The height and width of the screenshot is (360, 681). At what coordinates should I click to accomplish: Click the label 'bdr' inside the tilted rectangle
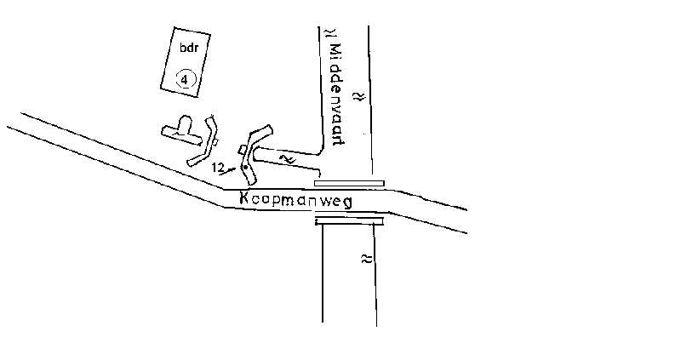pos(189,48)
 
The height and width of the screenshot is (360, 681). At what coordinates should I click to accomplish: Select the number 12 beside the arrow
pos(218,167)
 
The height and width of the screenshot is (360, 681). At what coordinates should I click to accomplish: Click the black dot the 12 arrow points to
pos(244,167)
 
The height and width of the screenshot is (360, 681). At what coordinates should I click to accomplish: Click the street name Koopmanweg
pos(295,200)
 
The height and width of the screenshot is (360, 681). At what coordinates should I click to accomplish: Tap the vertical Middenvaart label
pos(336,94)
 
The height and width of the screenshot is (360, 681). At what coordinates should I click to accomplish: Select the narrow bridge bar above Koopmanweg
pos(349,183)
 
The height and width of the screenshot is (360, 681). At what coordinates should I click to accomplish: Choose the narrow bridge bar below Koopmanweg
pos(349,221)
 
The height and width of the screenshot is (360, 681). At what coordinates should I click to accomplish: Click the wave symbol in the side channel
pos(288,159)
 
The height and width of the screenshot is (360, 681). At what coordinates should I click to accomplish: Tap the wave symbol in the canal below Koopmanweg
pos(367,260)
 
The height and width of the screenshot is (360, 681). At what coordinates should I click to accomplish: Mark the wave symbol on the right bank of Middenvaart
pos(359,96)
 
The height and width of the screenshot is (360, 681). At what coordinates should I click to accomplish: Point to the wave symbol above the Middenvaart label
pos(332,33)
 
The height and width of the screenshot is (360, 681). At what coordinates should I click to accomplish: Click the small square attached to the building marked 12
pos(243,150)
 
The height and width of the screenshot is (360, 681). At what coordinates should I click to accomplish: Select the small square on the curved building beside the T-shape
pos(215,142)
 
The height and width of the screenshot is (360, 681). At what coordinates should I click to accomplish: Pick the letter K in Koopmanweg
pos(244,198)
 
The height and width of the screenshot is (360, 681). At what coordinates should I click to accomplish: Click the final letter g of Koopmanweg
pos(347,203)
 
